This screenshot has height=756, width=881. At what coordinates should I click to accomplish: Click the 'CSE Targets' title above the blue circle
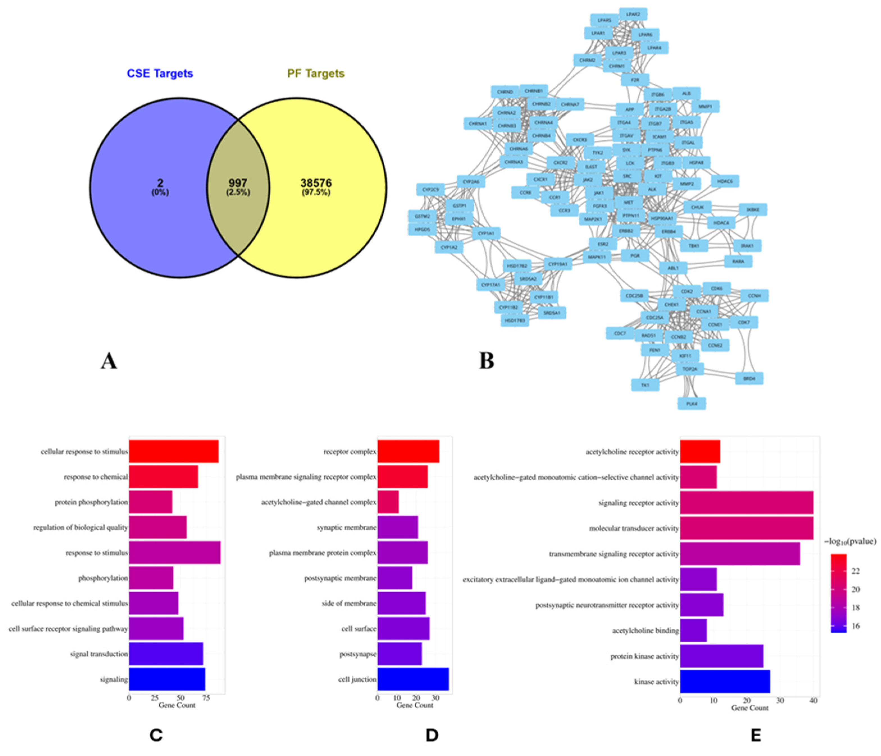(160, 74)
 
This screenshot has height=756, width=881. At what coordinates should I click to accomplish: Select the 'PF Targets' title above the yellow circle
(316, 74)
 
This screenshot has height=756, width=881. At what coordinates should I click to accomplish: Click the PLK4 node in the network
(692, 403)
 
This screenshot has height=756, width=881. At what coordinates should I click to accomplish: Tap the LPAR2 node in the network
(633, 14)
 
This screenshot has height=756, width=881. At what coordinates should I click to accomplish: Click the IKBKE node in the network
(753, 210)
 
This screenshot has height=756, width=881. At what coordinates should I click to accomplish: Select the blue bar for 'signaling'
(167, 679)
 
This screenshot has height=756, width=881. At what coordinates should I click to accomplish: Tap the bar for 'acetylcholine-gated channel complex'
(388, 502)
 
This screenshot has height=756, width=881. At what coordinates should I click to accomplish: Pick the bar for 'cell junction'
(413, 679)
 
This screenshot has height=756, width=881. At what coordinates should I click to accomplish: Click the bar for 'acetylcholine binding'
(693, 631)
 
